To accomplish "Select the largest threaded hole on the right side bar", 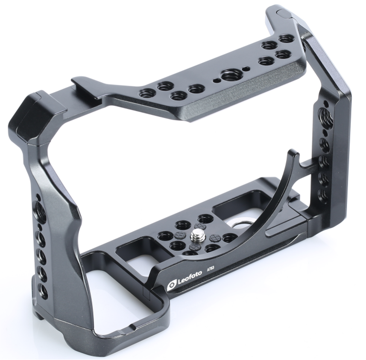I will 325,115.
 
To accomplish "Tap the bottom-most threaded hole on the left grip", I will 43,291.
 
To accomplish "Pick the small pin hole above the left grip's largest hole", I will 38,197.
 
